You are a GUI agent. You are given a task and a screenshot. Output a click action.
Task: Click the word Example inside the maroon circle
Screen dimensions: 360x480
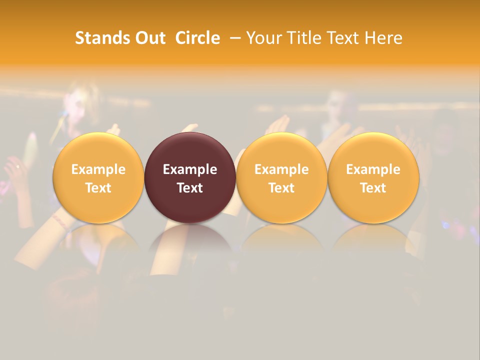190,169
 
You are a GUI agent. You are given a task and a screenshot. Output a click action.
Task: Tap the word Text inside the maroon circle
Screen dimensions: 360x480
190,188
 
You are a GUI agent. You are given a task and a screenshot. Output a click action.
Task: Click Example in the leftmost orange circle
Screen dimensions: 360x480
98,169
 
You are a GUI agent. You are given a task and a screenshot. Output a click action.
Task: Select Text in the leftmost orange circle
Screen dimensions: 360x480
98,188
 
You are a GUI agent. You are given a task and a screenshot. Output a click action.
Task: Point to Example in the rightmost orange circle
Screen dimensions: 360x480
373,169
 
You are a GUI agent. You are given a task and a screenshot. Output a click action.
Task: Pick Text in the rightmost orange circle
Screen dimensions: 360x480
373,188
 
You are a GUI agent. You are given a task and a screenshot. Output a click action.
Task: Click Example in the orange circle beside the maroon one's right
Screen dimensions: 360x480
281,169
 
